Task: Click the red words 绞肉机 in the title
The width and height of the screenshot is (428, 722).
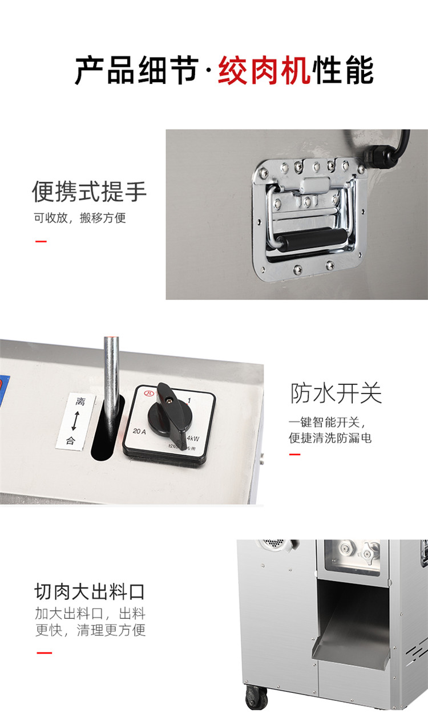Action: click(264, 71)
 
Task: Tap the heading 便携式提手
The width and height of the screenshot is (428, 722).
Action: click(89, 192)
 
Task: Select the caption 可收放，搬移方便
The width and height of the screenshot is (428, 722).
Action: click(79, 218)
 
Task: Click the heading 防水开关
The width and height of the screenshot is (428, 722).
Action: click(336, 394)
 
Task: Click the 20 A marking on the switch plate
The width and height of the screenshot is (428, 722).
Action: click(139, 431)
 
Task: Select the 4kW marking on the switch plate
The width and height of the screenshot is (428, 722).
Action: click(193, 437)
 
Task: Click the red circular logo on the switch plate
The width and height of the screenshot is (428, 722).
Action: click(150, 393)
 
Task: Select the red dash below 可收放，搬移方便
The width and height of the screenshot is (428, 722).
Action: click(41, 241)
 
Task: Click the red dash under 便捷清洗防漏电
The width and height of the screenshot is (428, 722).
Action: click(294, 455)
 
